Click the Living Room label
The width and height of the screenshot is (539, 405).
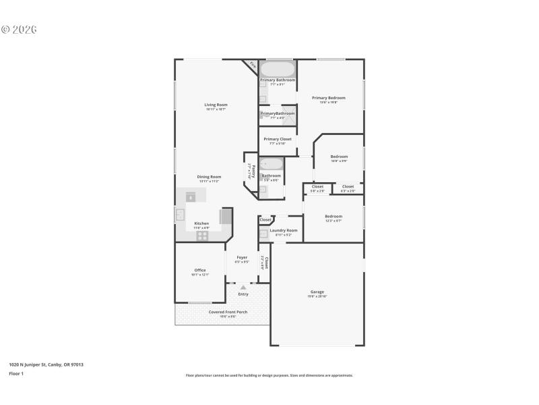pos(216,105)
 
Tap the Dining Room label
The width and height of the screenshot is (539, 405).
pos(209,177)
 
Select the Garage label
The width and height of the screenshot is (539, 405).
pos(317,292)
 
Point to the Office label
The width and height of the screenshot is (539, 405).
pos(200,270)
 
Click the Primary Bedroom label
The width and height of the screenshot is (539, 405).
pos(328,98)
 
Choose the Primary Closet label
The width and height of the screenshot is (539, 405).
pos(277,139)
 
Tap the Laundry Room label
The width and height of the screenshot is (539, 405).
pos(283,230)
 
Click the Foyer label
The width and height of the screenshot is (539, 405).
pos(242,257)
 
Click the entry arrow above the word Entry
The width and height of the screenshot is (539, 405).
pos(243,288)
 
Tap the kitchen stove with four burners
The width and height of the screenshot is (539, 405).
pos(202,236)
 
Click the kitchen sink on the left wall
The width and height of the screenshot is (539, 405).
pos(180,215)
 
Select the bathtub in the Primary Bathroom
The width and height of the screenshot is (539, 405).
pos(278,69)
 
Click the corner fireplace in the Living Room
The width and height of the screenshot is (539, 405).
pos(251,65)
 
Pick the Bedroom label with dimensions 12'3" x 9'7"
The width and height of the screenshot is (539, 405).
pos(334,217)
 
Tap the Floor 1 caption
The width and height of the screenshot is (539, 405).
pos(16,373)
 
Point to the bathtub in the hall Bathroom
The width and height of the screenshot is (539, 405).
pos(272,164)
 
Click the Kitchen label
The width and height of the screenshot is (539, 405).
pos(201,223)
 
